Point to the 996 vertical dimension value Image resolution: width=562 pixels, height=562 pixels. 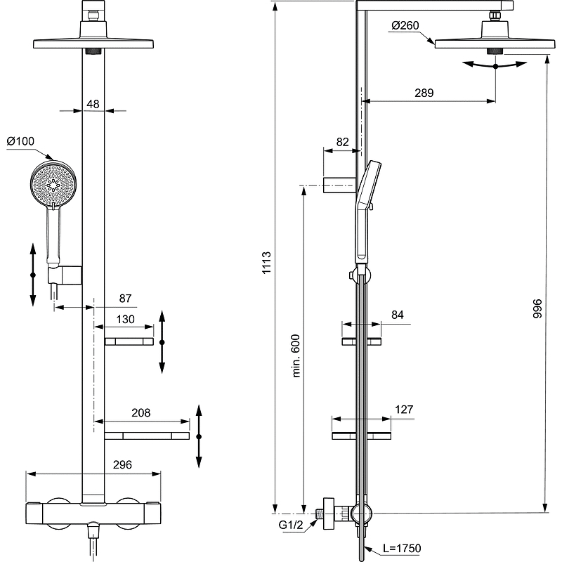(x=537, y=310)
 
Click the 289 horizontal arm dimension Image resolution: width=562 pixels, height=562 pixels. (x=424, y=93)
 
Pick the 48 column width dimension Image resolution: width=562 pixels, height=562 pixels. (x=93, y=104)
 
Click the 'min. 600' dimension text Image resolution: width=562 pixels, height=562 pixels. (x=296, y=356)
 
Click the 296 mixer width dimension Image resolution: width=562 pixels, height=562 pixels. (x=122, y=464)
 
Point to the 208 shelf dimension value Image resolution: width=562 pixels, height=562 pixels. (x=141, y=413)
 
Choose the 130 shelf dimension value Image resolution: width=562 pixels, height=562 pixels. (x=125, y=319)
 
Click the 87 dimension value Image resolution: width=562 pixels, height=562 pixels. (x=125, y=299)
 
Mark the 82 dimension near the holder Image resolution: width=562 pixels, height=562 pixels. (x=342, y=141)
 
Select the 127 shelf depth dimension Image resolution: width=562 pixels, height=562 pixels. (x=404, y=410)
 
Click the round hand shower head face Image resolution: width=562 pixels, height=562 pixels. (x=53, y=184)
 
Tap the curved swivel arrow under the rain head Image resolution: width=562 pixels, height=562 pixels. (x=495, y=65)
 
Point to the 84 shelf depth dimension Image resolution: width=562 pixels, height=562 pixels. (x=398, y=315)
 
